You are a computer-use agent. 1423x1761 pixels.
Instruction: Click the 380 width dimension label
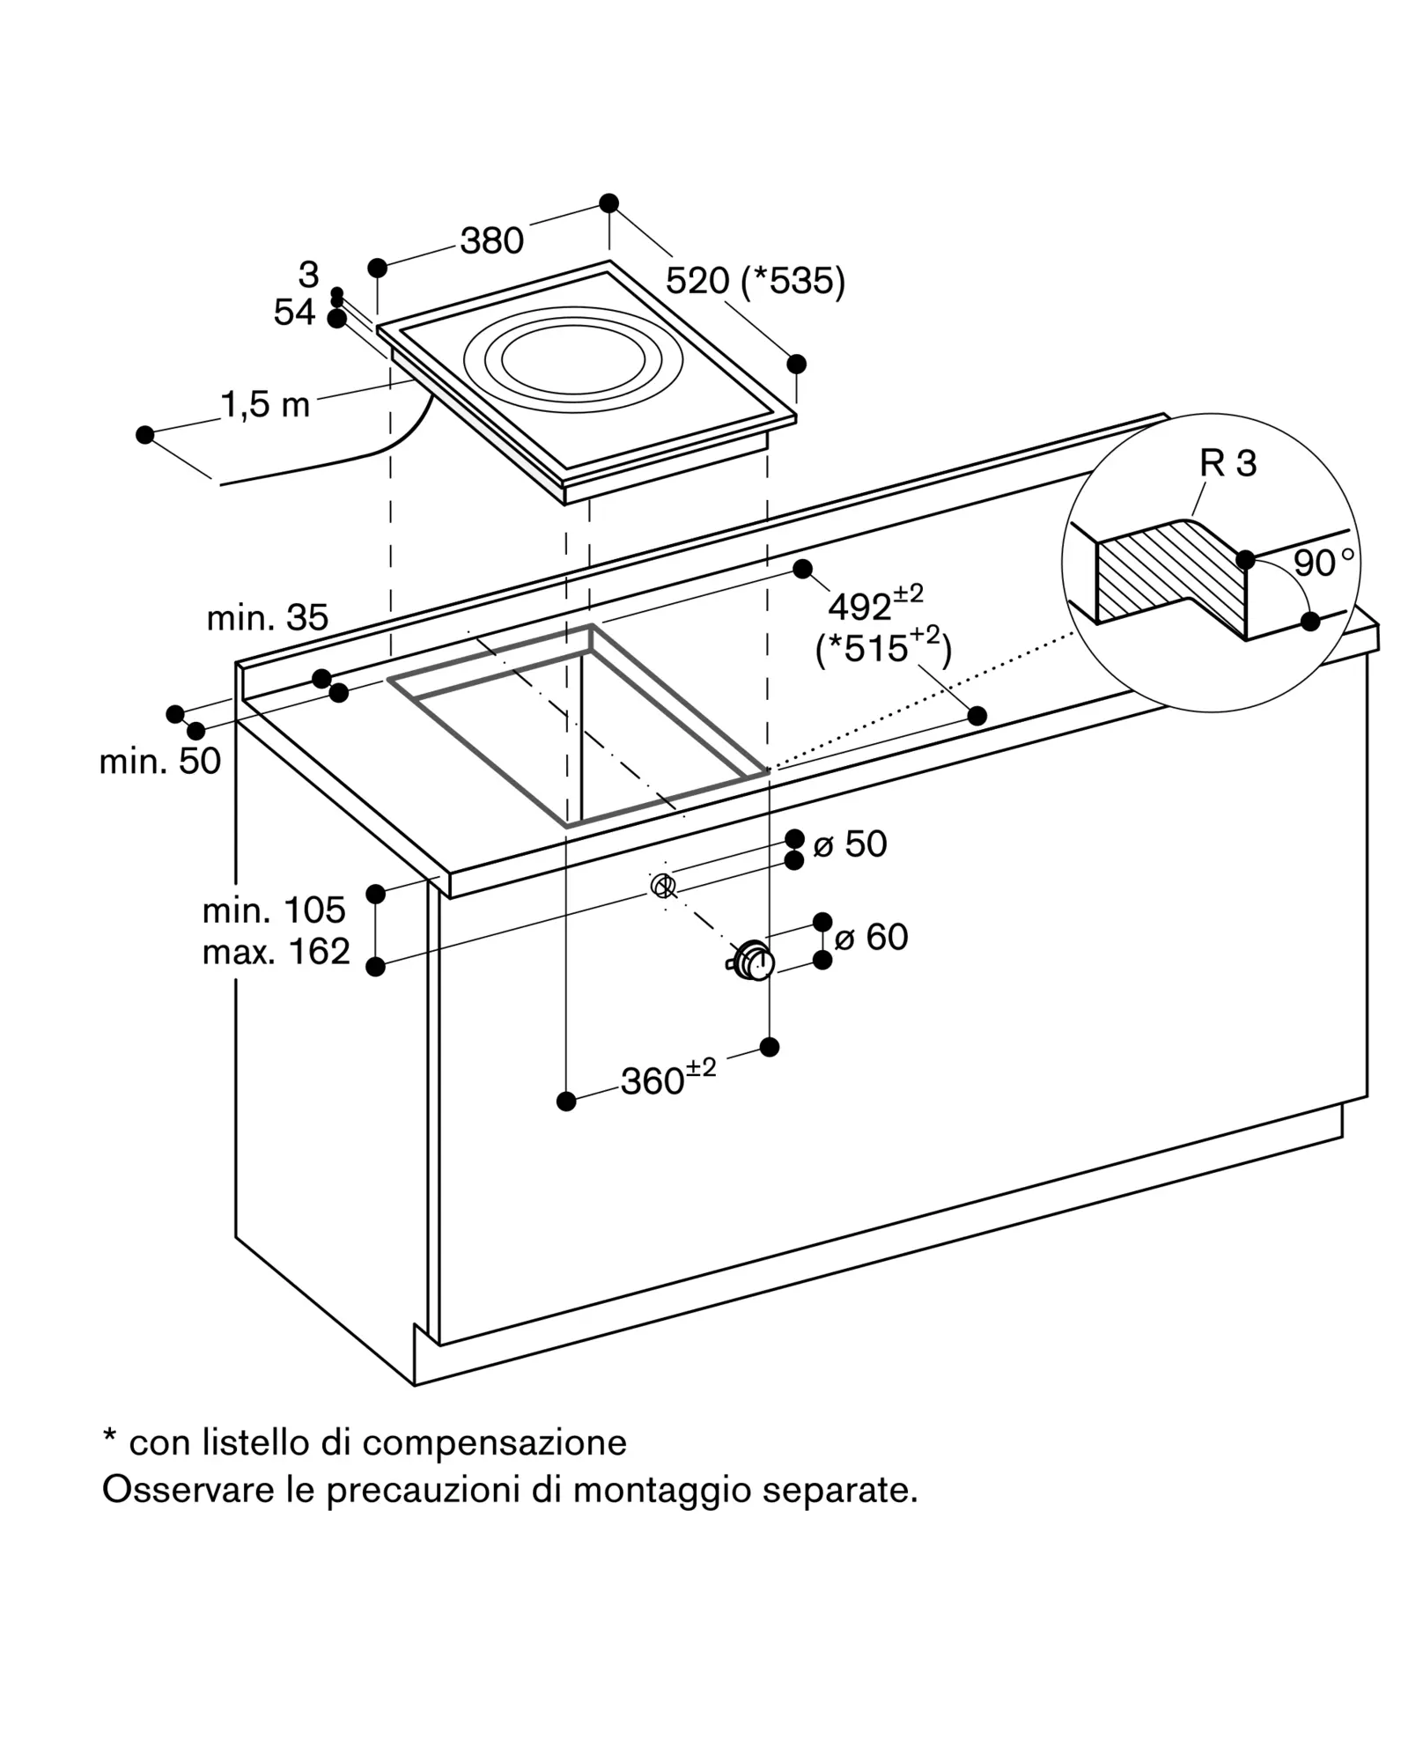click(491, 240)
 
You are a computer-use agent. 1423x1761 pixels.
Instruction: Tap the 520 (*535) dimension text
click(755, 281)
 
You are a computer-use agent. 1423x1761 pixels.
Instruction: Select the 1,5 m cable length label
click(265, 404)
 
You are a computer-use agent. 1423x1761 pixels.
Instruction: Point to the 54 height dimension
click(294, 312)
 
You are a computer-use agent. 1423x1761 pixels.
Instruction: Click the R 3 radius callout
click(1228, 463)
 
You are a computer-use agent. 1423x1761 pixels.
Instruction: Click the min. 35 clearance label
click(268, 618)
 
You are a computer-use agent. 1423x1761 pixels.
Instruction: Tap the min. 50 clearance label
click(159, 761)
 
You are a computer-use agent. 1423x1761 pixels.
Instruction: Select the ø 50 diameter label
click(850, 844)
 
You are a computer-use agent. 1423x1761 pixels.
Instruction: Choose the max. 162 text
click(276, 951)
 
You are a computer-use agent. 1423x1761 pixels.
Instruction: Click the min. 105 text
click(274, 910)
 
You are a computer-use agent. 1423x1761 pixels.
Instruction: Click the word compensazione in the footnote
click(495, 1442)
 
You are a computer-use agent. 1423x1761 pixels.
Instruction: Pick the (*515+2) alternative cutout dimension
click(884, 647)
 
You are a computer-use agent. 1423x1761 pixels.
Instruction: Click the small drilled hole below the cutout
click(663, 885)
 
